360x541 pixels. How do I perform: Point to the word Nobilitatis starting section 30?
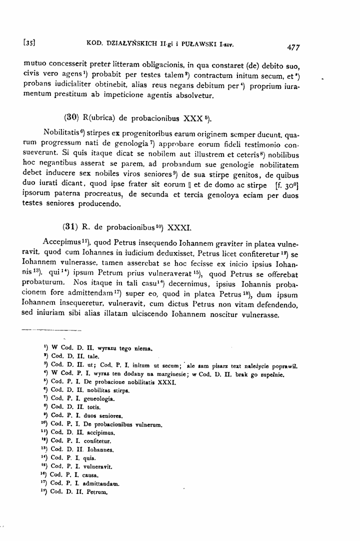pos(64,135)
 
